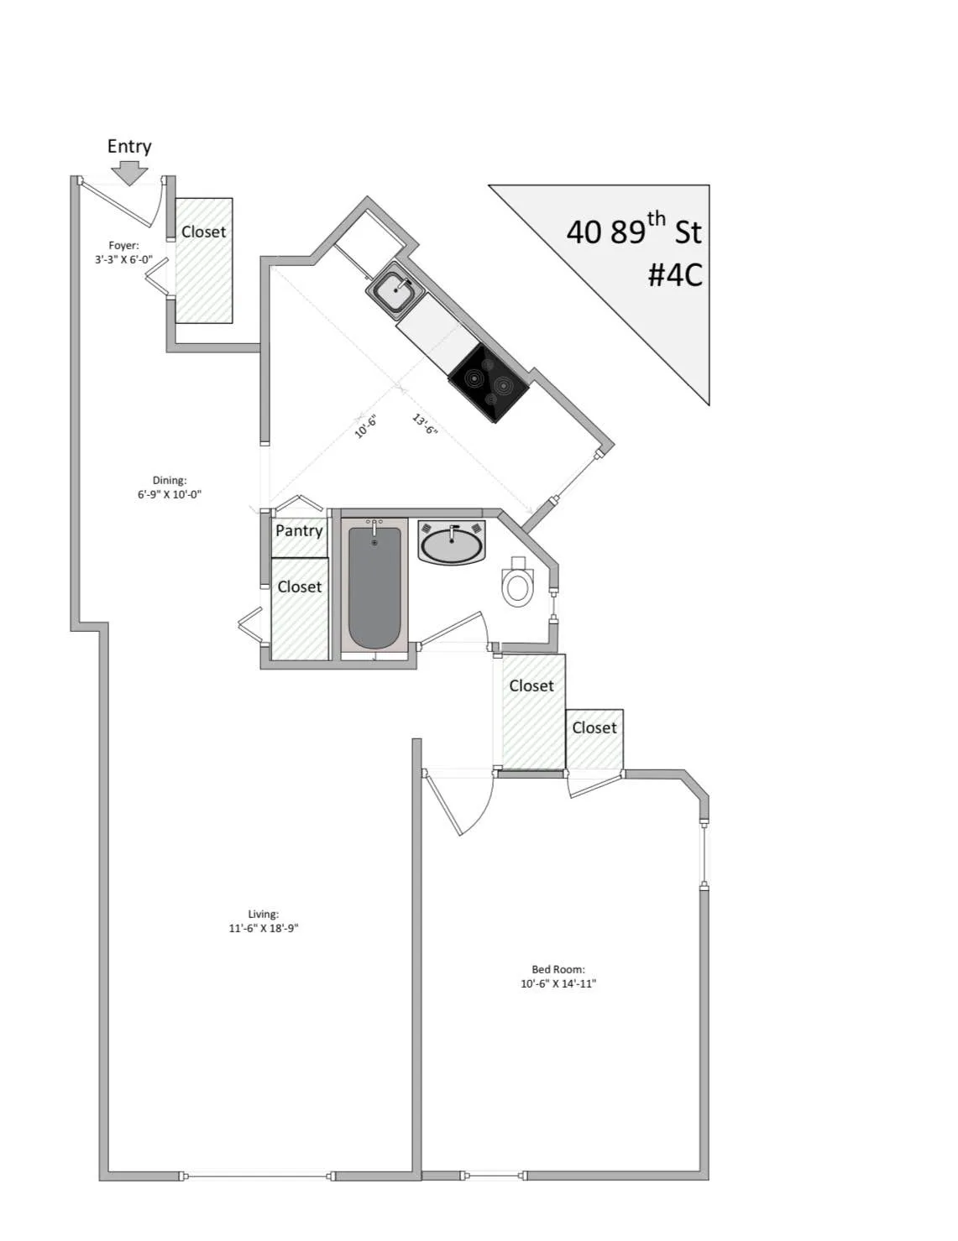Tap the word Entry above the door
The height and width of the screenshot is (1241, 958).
(x=129, y=146)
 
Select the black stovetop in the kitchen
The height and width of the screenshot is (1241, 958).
(x=489, y=382)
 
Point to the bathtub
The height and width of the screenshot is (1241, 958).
(x=374, y=586)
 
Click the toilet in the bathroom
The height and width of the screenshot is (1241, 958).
(x=517, y=586)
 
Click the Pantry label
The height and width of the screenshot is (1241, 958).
(x=299, y=530)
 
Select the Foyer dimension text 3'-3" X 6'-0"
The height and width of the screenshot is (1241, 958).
(x=123, y=259)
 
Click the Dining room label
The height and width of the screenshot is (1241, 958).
(x=170, y=480)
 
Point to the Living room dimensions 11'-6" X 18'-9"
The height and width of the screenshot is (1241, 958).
(x=264, y=928)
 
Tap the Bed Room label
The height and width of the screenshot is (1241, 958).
(x=558, y=969)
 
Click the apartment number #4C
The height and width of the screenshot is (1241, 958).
(x=674, y=274)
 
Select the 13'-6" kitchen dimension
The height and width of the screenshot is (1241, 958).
(x=425, y=425)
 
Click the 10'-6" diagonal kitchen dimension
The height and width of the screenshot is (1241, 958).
(x=367, y=426)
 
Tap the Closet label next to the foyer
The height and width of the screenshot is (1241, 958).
(x=204, y=232)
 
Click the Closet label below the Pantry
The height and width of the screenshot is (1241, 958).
(x=300, y=587)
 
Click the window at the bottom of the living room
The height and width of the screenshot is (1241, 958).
(x=257, y=1176)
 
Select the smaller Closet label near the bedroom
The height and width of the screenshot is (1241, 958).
(x=594, y=727)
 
